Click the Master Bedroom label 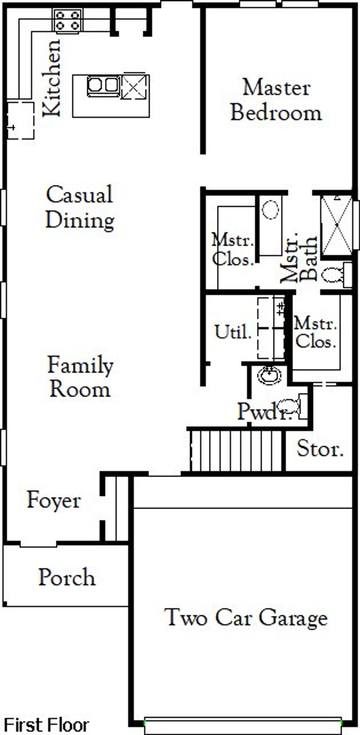click(276, 100)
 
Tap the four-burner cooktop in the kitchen click(68, 21)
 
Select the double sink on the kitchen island click(103, 85)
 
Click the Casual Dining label click(80, 207)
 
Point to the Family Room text click(80, 377)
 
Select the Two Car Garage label click(246, 618)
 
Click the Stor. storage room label click(320, 449)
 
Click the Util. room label click(233, 332)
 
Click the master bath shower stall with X click(337, 225)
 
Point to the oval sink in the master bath click(270, 210)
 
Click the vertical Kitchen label click(52, 78)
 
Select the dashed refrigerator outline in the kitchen click(21, 120)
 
